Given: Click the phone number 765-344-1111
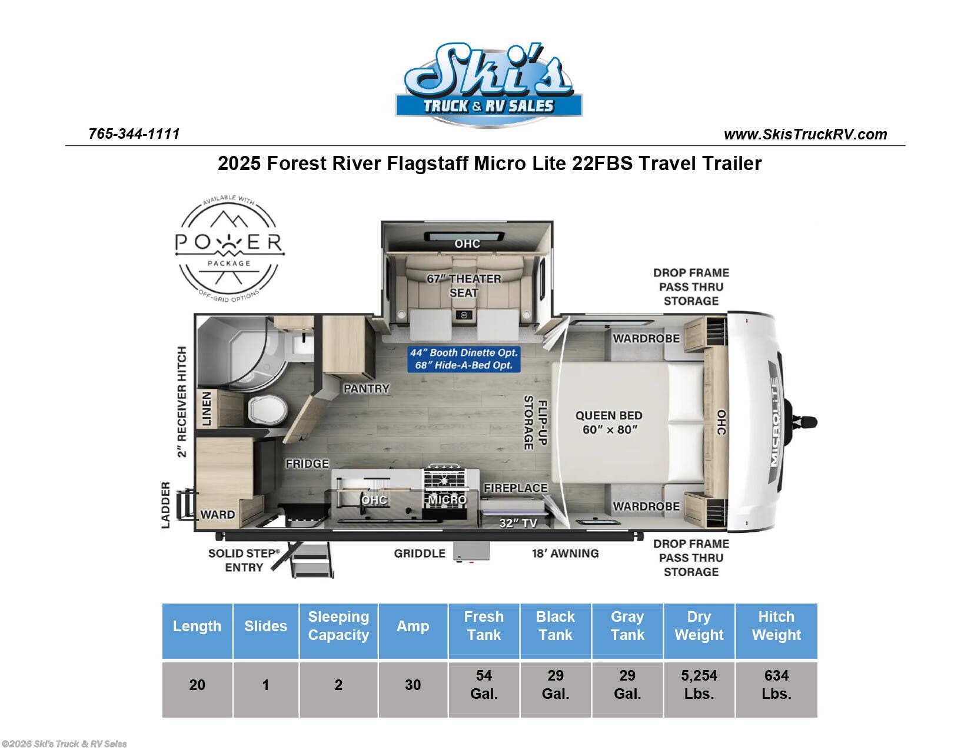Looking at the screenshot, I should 134,134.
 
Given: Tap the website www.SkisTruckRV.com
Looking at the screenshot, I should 805,135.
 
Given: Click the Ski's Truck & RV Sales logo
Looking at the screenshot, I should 488,85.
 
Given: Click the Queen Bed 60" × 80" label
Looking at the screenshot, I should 608,422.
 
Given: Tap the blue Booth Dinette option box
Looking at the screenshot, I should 464,359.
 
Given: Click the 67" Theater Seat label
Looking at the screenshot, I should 464,285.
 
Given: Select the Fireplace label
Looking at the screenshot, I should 515,488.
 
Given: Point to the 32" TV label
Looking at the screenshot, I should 518,523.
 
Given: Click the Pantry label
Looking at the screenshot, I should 366,389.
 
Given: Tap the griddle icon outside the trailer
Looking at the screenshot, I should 471,552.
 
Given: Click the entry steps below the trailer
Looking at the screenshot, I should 312,560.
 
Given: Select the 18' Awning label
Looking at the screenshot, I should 565,553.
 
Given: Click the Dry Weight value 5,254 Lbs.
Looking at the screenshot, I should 699,684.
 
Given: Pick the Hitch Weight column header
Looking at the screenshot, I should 776,626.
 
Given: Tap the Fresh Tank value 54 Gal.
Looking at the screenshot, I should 484,684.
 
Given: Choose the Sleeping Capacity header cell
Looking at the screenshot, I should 338,626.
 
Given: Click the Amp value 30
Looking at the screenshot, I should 413,685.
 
